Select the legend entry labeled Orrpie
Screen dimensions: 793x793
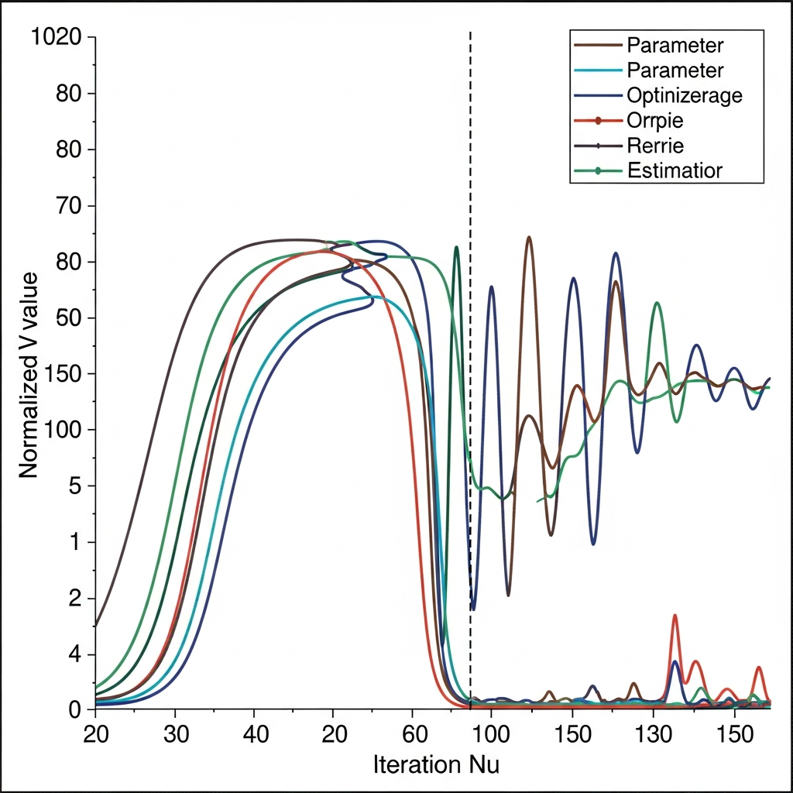point(655,121)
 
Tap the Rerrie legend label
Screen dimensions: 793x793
point(655,146)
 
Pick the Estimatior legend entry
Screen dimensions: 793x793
point(674,170)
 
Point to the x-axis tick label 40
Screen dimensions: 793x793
point(255,733)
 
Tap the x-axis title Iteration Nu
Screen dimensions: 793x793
point(436,765)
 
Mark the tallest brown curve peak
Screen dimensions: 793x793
point(529,239)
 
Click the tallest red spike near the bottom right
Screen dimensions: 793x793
point(675,616)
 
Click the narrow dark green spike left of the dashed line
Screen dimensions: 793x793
point(456,249)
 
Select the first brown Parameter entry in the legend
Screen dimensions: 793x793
point(674,45)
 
